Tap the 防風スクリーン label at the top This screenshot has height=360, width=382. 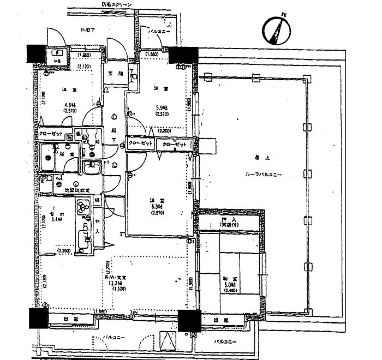click(116, 4)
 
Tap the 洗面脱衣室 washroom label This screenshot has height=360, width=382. click(77, 190)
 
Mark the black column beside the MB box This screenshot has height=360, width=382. click(36, 53)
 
